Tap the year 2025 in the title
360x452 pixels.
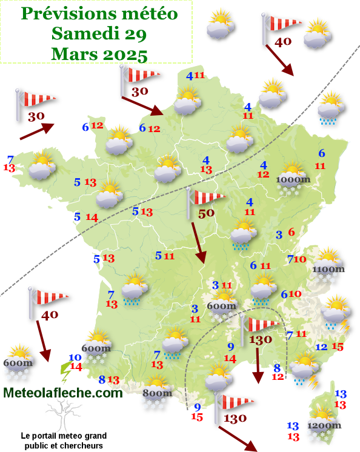pos(125,55)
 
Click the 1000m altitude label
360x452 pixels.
pos(293,179)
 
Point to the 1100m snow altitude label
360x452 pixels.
pos(328,269)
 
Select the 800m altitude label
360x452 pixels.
pos(157,394)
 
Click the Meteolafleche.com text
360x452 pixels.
pos(63,393)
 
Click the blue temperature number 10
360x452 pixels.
pos(75,357)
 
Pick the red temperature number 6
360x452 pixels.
pos(292,232)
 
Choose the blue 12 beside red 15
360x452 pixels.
pos(322,347)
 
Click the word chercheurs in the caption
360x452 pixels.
pos(81,445)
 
